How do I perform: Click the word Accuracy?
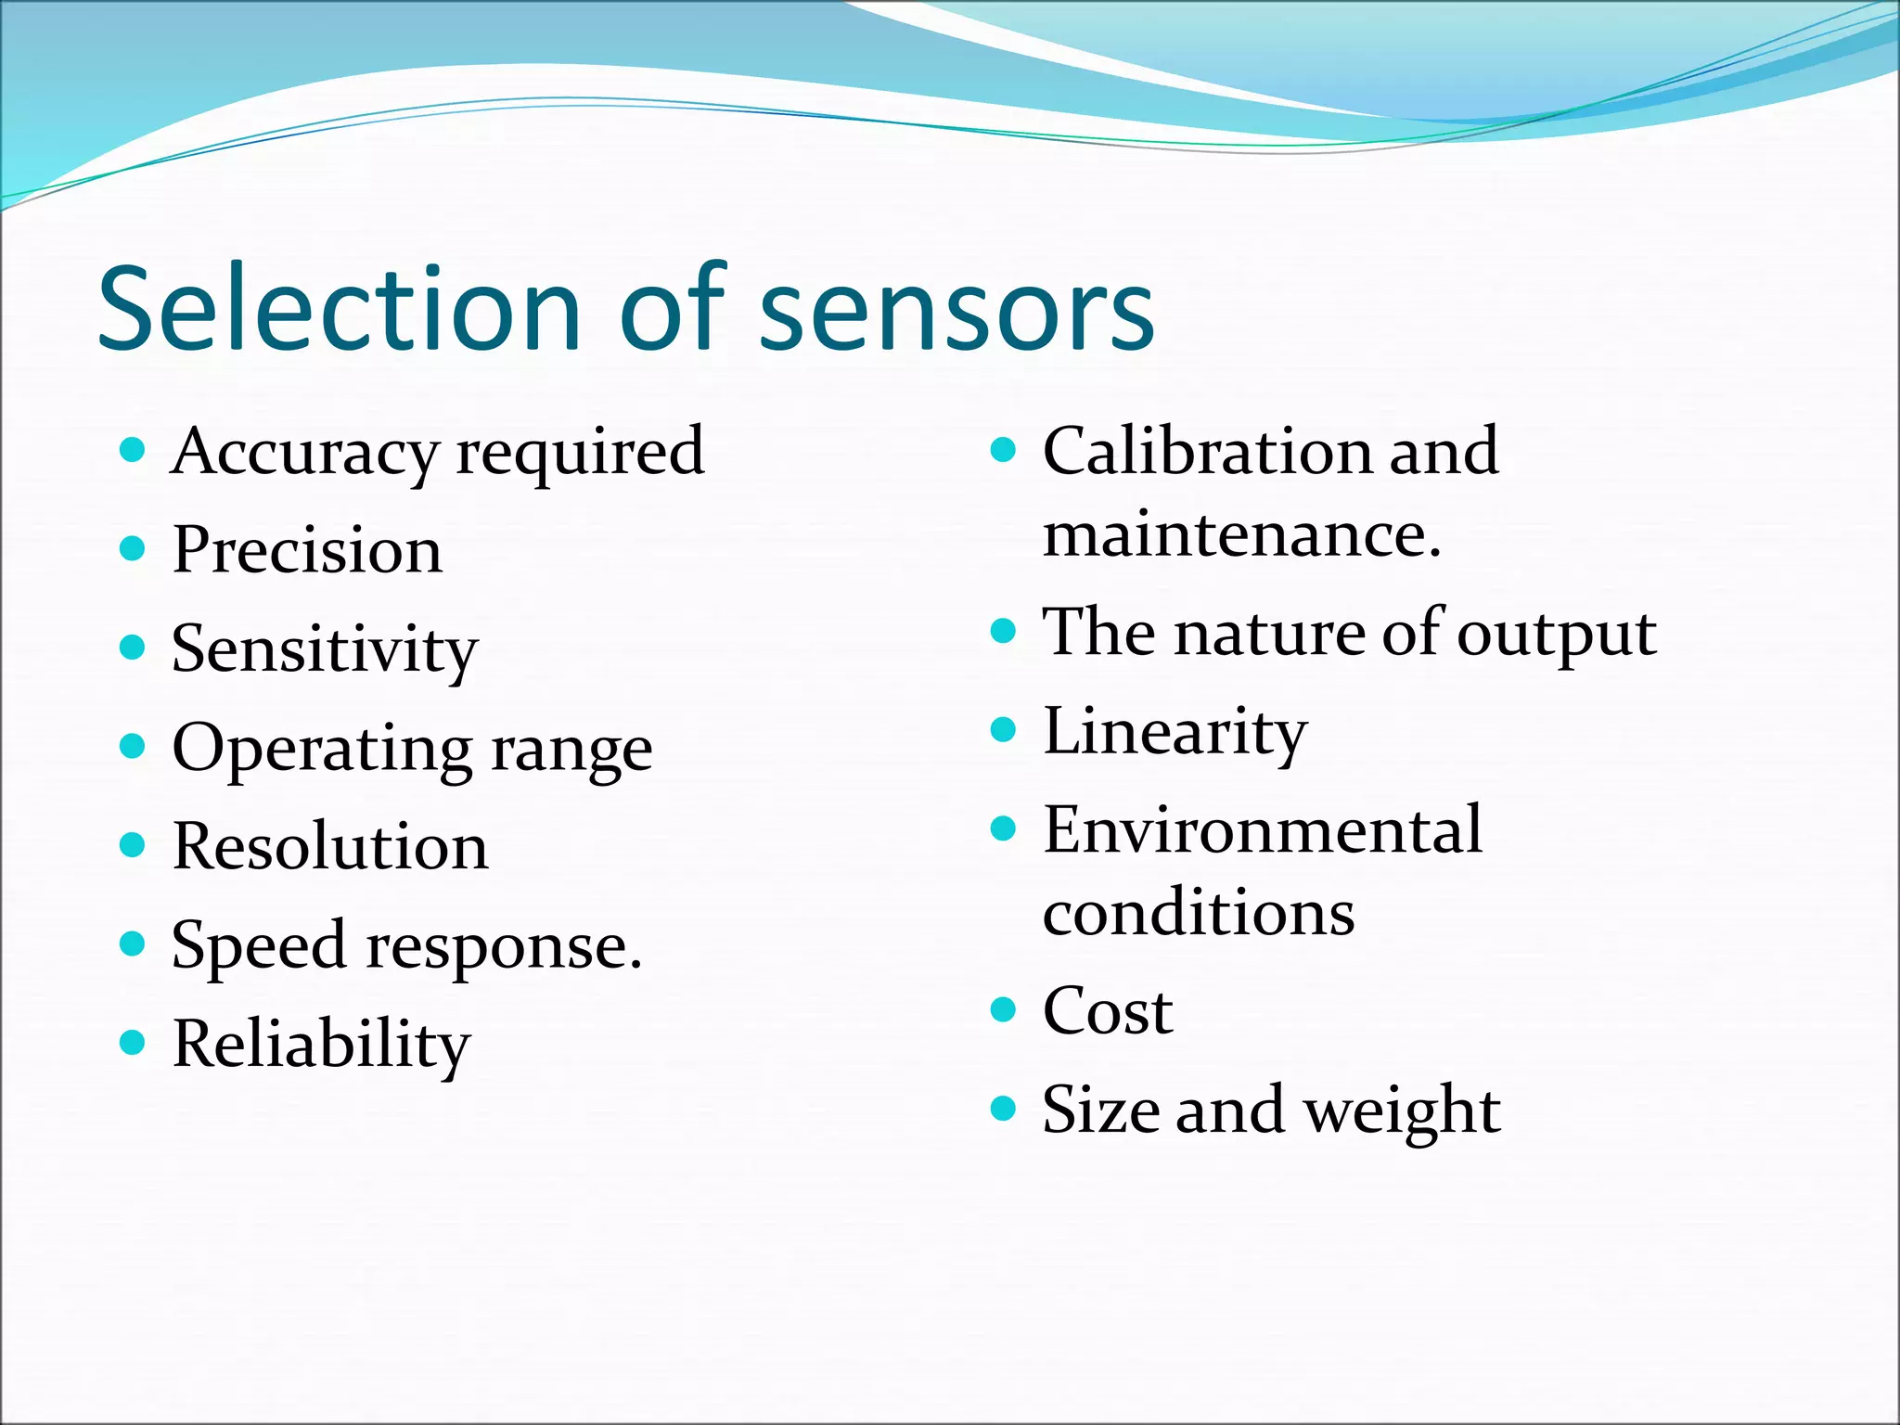pos(304,453)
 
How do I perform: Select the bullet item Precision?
pos(307,550)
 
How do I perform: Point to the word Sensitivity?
pos(325,650)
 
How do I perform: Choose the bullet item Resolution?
pos(330,846)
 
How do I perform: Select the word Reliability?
pos(321,1045)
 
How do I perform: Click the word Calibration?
pos(1206,452)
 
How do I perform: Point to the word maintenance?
pos(1241,535)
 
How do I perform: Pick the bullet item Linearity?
pos(1175,733)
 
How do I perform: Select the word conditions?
pos(1198,913)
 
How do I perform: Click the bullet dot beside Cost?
pos(1003,1008)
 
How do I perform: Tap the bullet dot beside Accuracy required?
pos(133,451)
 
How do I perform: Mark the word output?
pos(1556,635)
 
